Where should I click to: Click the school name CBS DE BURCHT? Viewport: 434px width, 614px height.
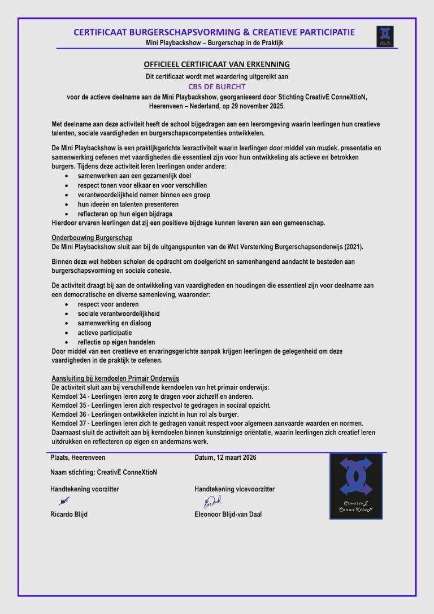pyautogui.click(x=217, y=87)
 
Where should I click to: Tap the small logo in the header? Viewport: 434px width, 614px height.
pyautogui.click(x=385, y=36)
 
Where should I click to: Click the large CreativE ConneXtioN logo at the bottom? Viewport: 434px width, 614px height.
pyautogui.click(x=356, y=486)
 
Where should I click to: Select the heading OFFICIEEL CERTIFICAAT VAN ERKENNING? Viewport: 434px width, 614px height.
pyautogui.click(x=216, y=64)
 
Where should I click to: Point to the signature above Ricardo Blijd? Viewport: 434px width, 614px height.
pyautogui.click(x=64, y=500)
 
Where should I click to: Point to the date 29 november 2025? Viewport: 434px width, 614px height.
pyautogui.click(x=250, y=106)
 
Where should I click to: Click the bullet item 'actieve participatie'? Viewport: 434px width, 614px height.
pyautogui.click(x=105, y=333)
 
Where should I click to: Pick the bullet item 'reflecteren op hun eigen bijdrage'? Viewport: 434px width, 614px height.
pyautogui.click(x=125, y=214)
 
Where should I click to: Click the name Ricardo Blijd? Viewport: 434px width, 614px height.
pyautogui.click(x=69, y=515)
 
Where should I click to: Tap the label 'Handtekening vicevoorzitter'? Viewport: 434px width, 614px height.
pyautogui.click(x=235, y=489)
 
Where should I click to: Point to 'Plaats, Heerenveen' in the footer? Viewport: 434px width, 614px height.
pyautogui.click(x=77, y=458)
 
